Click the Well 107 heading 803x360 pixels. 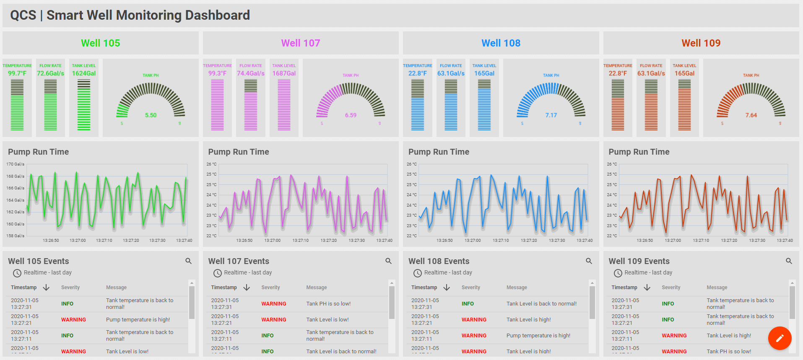click(x=300, y=43)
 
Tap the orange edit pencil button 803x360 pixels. click(x=780, y=338)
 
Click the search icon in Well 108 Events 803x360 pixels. click(x=589, y=261)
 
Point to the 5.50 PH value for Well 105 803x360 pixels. click(x=151, y=115)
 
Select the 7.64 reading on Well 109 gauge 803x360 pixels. click(x=751, y=115)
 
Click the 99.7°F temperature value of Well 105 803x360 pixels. click(x=17, y=73)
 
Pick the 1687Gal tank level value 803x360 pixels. click(x=284, y=73)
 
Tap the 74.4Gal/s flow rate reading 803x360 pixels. click(x=251, y=73)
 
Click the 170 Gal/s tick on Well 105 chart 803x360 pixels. click(x=15, y=164)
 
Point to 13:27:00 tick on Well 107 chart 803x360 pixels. click(x=273, y=241)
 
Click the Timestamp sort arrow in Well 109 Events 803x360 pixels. click(x=647, y=287)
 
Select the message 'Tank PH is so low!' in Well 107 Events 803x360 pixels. click(x=328, y=304)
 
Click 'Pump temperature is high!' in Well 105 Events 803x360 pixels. click(x=138, y=320)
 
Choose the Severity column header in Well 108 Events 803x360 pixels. click(x=470, y=287)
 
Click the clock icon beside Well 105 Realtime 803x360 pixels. click(x=17, y=273)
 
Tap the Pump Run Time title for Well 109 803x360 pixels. click(x=639, y=152)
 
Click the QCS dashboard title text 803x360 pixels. click(x=130, y=16)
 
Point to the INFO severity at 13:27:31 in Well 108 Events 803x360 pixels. click(x=468, y=304)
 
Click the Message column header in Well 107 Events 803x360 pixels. click(x=316, y=287)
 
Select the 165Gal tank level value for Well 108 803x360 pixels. click(x=484, y=73)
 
